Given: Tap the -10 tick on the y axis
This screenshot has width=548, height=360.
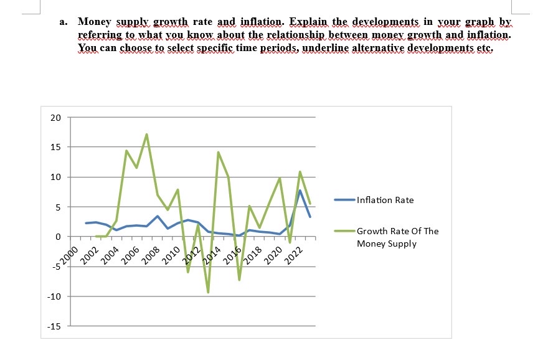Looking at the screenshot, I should point(54,296).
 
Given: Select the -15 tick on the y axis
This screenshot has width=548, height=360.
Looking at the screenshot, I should point(54,326).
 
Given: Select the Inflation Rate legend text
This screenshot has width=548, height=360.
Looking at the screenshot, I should point(385,200).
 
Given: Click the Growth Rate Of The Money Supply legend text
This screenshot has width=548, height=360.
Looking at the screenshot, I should point(397,237).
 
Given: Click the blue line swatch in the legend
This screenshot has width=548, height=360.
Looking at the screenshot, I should point(344,200).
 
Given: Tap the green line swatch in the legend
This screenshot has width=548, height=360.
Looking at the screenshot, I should point(344,231).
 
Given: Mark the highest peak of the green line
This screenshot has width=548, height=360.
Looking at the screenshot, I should point(146,135).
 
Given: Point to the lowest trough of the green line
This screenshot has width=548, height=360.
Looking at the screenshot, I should point(208,292).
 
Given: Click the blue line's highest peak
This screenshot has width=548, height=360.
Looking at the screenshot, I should point(300,191).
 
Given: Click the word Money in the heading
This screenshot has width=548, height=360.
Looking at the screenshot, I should point(93,22).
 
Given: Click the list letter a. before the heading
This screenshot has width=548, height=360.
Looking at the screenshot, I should point(64,22).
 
